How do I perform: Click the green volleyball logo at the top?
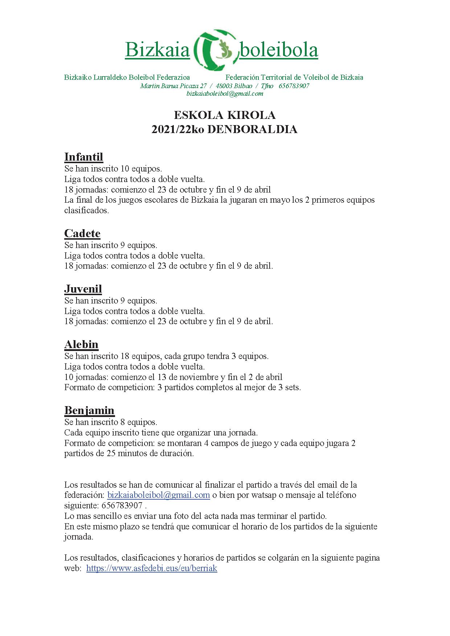214,50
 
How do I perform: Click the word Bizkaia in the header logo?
157,50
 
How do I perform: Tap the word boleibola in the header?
279,50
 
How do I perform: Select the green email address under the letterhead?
225,94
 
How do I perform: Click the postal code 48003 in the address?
225,86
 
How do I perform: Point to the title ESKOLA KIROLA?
225,115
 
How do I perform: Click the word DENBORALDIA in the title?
252,129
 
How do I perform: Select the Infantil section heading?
83,157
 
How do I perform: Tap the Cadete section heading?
82,233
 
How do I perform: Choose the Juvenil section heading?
83,289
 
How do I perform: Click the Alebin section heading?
81,344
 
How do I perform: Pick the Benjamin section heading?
89,410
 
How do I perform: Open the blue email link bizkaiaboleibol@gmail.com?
159,495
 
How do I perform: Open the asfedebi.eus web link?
152,568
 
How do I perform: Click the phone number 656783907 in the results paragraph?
122,505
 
